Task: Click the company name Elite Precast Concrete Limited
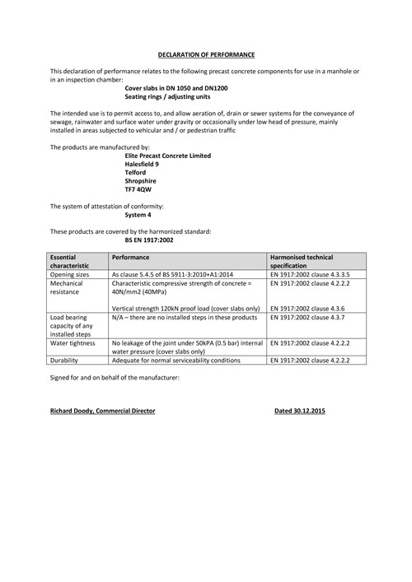[167, 156]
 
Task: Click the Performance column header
[130, 258]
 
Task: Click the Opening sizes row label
[71, 274]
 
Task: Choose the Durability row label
[66, 361]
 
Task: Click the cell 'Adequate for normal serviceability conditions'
[176, 361]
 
